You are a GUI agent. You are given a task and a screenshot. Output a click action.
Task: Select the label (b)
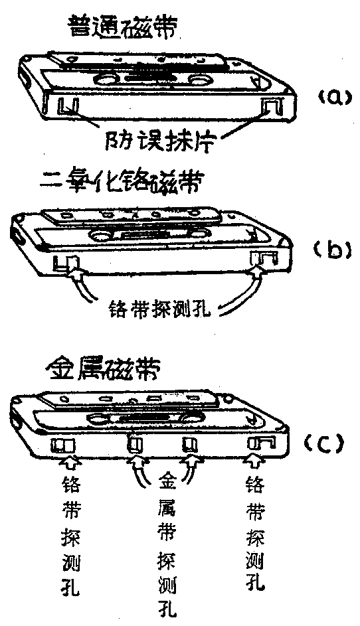(x=330, y=250)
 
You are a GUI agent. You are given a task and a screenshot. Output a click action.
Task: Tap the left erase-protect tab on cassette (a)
(x=68, y=106)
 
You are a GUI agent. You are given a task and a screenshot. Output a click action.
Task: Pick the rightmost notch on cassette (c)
(x=255, y=443)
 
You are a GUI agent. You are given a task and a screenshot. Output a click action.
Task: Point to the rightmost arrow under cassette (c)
(x=255, y=461)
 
